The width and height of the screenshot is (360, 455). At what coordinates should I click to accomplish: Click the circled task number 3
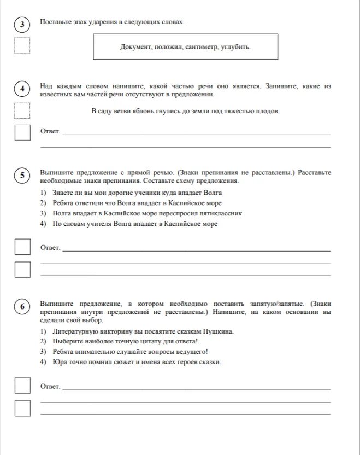pos(22,25)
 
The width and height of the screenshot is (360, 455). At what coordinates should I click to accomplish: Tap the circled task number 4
pos(22,89)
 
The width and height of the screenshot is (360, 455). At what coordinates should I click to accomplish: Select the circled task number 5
pos(22,175)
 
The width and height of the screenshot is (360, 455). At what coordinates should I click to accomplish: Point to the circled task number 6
pos(22,307)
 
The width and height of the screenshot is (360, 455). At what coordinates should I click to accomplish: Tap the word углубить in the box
pos(237,47)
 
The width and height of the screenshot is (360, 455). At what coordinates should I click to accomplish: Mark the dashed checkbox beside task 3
pos(22,45)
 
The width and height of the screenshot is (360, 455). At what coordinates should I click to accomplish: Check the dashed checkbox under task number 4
pos(22,111)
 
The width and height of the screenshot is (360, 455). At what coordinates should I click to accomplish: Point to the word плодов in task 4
pos(267,111)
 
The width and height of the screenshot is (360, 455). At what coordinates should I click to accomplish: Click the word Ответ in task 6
pos(50,387)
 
